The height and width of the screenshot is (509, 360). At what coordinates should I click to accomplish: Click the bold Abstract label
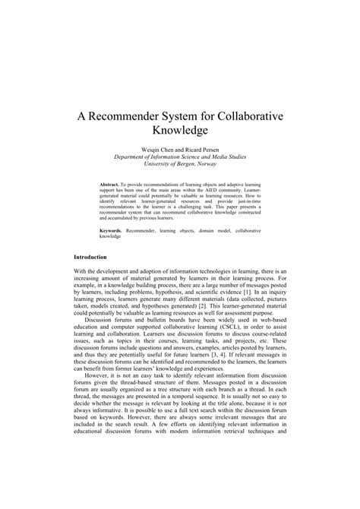(112, 185)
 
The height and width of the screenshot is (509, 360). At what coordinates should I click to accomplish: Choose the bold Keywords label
(114, 229)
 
